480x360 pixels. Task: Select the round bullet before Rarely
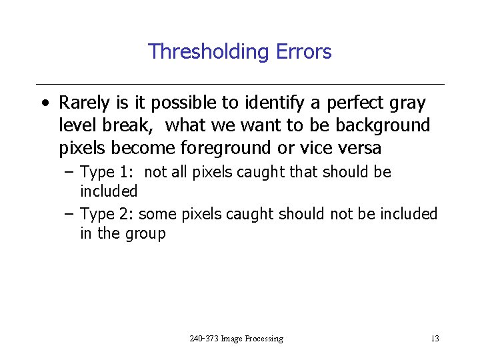click(x=44, y=104)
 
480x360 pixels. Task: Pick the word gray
click(x=408, y=103)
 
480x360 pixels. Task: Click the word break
click(x=134, y=125)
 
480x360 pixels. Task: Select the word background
click(x=385, y=125)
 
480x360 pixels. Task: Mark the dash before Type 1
click(x=69, y=173)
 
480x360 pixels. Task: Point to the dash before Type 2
click(x=69, y=214)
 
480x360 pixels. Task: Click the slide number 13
click(x=435, y=339)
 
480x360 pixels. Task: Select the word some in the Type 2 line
click(x=156, y=214)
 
